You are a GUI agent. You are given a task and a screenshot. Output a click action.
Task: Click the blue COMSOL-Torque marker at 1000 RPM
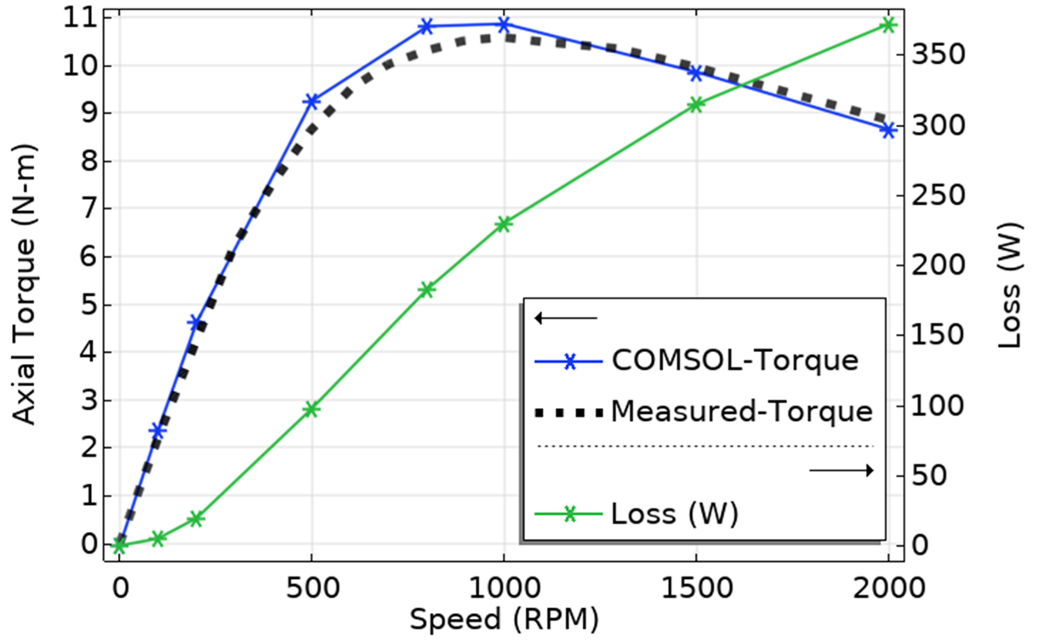(503, 24)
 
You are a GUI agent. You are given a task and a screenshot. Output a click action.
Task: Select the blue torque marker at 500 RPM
(311, 101)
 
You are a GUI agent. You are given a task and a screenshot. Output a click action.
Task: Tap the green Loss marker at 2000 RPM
(888, 25)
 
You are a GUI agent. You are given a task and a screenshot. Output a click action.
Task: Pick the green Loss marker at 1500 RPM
(695, 105)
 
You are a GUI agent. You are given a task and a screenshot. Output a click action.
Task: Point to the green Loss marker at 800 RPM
(427, 290)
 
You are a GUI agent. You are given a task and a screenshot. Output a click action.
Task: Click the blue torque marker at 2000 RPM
(888, 130)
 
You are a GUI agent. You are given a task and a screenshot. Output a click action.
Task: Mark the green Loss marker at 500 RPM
(311, 409)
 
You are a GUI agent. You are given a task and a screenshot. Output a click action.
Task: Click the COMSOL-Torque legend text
(734, 361)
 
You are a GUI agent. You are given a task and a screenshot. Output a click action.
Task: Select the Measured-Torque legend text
(741, 412)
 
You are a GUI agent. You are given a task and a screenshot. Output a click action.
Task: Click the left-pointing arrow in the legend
(566, 319)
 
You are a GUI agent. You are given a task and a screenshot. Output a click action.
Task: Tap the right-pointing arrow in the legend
(841, 470)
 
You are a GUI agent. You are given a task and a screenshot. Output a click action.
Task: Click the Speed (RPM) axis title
(504, 619)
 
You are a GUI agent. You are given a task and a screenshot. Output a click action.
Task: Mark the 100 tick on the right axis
(936, 406)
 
